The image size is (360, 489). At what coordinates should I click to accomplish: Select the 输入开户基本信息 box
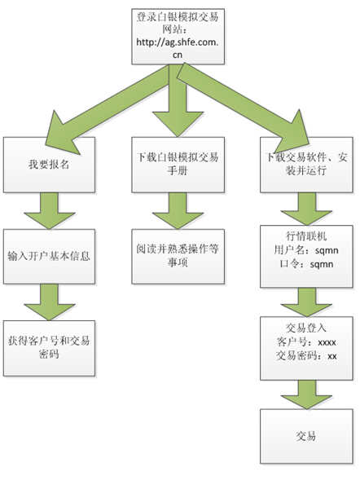(x=49, y=257)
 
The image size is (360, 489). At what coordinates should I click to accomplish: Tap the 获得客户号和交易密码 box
(x=49, y=348)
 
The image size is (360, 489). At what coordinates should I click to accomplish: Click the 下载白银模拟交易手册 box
(x=178, y=165)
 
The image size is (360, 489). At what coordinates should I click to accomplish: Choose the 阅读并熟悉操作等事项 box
(x=178, y=257)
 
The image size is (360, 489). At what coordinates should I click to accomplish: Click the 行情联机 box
(x=306, y=257)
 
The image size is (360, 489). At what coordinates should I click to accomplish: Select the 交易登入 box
(x=306, y=348)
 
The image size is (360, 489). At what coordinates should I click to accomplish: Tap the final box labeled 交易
(x=306, y=436)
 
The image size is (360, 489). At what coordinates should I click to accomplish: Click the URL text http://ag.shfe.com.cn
(x=178, y=48)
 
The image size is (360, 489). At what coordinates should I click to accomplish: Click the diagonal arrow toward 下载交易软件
(x=242, y=106)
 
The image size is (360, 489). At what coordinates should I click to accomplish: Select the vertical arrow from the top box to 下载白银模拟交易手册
(x=178, y=100)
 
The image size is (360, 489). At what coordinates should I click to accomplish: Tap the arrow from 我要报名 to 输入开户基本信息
(x=49, y=211)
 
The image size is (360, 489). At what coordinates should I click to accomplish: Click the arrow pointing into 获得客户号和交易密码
(x=49, y=302)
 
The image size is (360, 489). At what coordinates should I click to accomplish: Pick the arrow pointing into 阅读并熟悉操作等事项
(x=178, y=211)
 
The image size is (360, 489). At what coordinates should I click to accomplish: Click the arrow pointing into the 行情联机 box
(x=306, y=209)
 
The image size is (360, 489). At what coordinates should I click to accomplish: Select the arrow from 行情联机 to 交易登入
(x=306, y=302)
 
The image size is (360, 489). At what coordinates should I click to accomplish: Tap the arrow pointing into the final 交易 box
(x=306, y=394)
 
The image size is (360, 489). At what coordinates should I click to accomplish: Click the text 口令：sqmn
(x=306, y=264)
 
